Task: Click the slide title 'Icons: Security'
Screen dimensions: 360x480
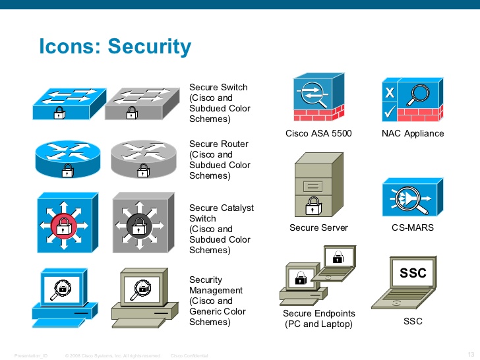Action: coord(115,47)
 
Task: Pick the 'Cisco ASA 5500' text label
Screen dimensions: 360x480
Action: coord(318,133)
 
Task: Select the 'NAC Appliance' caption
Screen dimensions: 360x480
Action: coord(413,133)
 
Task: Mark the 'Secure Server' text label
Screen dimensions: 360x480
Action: coord(318,228)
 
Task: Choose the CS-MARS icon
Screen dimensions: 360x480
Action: coord(412,197)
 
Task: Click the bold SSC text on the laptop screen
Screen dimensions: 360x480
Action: coord(413,273)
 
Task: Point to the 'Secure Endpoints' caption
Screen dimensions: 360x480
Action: coord(319,313)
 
